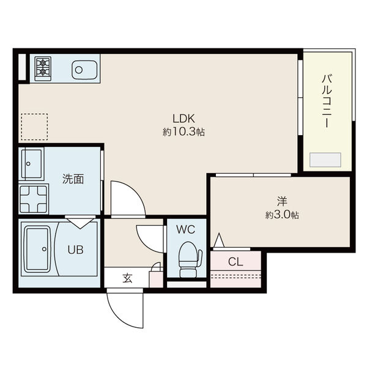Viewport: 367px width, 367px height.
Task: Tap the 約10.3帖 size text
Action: click(x=183, y=132)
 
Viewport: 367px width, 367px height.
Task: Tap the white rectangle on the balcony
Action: click(x=325, y=160)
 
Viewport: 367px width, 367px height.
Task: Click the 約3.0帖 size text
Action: click(x=282, y=215)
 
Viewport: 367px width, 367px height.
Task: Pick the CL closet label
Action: click(x=235, y=262)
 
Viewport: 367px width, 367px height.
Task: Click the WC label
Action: click(x=185, y=230)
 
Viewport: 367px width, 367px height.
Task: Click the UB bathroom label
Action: click(x=75, y=250)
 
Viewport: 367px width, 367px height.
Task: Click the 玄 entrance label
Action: click(x=127, y=278)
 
